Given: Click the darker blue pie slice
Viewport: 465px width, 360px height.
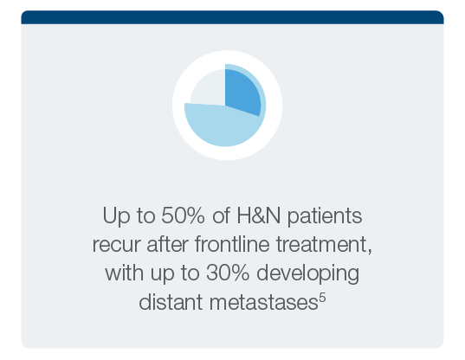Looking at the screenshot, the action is (241, 90).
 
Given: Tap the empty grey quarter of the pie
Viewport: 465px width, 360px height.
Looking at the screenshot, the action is (209, 88).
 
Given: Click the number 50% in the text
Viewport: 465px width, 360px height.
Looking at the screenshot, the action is (183, 215).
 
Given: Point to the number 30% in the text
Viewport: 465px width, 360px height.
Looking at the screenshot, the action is (228, 273).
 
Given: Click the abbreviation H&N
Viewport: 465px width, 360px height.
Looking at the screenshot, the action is (258, 215).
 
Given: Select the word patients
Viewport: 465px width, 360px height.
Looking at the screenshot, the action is (325, 216).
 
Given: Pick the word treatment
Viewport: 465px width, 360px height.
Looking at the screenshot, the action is (322, 245).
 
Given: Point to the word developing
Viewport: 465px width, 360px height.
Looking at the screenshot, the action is (307, 273).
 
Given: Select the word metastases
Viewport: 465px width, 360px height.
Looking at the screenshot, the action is (264, 303).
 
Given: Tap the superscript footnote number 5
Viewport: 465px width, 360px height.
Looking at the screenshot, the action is (322, 297).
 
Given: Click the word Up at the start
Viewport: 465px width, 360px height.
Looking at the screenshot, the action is (116, 216).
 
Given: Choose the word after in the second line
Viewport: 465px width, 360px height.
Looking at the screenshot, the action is (167, 244).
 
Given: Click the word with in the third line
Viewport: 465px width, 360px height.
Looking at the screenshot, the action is (125, 273).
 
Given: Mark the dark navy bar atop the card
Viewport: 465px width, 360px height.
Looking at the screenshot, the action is (232, 17).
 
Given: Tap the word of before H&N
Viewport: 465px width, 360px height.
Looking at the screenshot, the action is (221, 215).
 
